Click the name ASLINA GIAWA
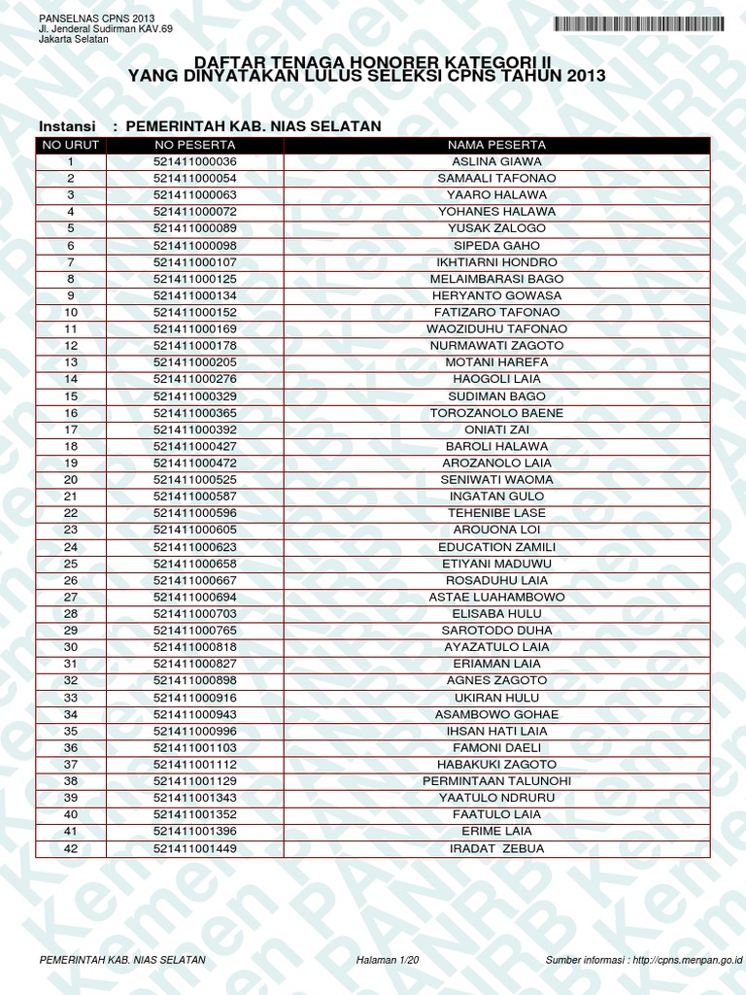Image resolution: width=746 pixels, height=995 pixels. click(x=496, y=161)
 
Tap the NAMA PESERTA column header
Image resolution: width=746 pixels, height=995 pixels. click(x=496, y=145)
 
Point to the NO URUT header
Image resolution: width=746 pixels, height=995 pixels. click(x=70, y=145)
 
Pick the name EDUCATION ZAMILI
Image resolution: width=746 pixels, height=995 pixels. click(x=496, y=547)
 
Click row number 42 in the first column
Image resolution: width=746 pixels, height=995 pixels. click(x=70, y=849)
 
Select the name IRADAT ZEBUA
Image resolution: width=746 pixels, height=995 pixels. click(x=496, y=849)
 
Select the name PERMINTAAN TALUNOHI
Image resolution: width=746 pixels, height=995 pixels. click(x=496, y=782)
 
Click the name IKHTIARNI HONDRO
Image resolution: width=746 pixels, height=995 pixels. click(x=496, y=262)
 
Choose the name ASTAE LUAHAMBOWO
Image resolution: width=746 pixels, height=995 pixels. click(x=496, y=598)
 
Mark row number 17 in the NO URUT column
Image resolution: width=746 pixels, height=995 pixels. click(x=70, y=429)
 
